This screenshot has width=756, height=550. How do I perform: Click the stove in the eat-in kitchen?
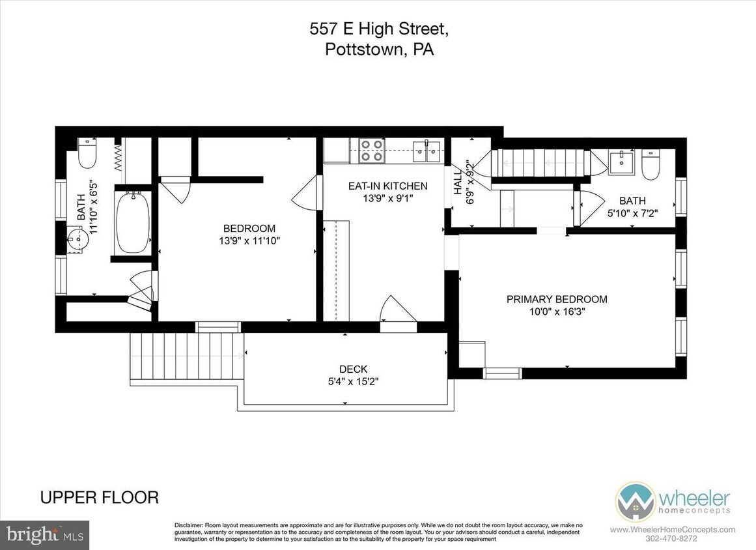(372, 150)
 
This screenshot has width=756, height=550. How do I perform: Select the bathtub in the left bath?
(133, 222)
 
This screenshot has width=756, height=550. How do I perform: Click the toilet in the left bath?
(87, 154)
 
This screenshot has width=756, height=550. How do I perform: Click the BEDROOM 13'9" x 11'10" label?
(249, 234)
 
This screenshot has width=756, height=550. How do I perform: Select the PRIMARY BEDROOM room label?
(557, 299)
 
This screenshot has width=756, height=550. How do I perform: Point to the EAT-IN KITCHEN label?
(387, 186)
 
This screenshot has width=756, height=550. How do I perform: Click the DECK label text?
(353, 369)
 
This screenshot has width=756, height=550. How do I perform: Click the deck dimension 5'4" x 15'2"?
(353, 381)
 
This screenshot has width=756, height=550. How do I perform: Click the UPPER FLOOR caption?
(100, 497)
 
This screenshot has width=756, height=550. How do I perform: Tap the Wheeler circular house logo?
(635, 501)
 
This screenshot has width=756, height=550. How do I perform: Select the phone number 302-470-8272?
(672, 539)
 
